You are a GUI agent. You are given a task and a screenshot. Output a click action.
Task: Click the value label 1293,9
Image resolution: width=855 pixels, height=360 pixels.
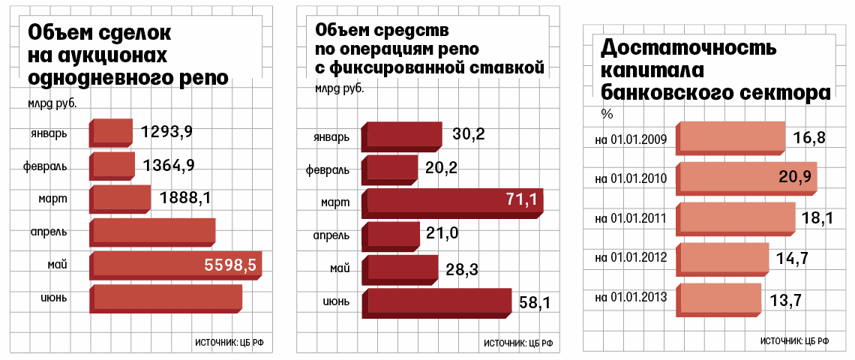click(166, 132)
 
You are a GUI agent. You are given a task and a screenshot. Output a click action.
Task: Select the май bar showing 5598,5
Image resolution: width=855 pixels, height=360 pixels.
click(175, 265)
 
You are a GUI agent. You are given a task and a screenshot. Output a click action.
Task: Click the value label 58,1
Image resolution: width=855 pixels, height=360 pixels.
click(535, 303)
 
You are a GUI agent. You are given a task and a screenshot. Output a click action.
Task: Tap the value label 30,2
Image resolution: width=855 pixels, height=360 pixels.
click(469, 134)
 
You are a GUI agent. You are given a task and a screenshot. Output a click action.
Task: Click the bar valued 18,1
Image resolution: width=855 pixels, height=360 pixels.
click(736, 217)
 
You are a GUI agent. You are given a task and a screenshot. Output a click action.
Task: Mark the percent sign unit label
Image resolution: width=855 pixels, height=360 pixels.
click(607, 114)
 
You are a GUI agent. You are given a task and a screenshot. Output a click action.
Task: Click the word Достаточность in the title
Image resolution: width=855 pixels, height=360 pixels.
click(688, 49)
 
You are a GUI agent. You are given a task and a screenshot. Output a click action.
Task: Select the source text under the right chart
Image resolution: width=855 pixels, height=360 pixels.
click(794, 340)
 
